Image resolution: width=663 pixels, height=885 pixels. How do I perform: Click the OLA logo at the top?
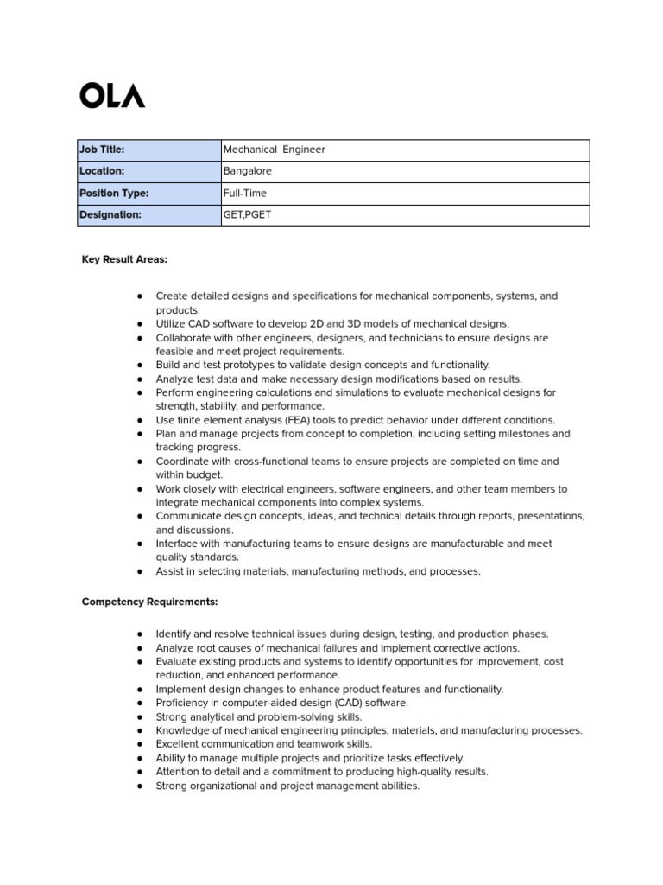click(x=112, y=95)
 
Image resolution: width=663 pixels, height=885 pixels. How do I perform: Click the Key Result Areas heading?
click(x=124, y=259)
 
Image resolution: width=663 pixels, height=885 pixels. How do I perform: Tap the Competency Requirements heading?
click(x=149, y=602)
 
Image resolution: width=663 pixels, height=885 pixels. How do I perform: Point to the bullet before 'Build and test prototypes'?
click(x=139, y=366)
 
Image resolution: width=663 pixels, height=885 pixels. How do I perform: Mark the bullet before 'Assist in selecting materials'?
click(x=139, y=572)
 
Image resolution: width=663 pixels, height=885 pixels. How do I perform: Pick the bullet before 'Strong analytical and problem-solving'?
click(x=139, y=717)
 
